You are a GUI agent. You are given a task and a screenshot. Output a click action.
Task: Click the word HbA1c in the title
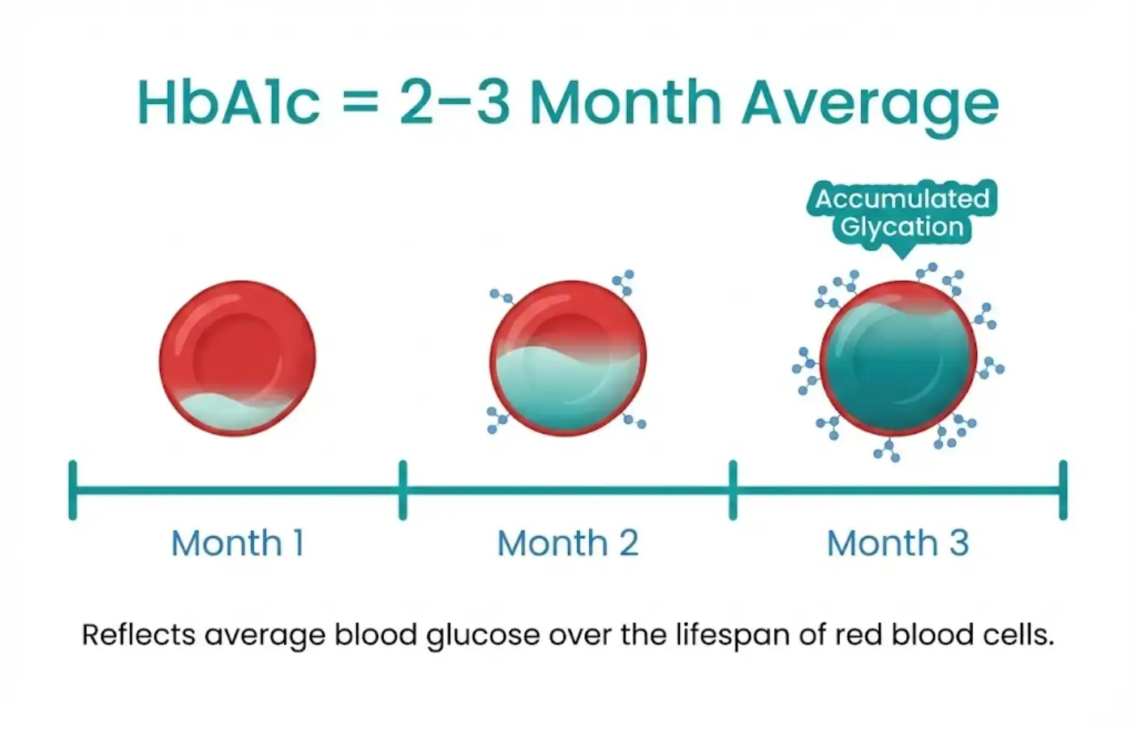coord(229,102)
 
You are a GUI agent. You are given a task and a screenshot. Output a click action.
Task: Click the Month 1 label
coord(237,543)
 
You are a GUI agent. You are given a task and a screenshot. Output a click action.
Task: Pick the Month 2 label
coord(567,543)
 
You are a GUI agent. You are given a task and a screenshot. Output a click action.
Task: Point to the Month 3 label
coord(897,543)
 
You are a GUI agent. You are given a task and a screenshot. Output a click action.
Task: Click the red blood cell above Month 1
coord(237,357)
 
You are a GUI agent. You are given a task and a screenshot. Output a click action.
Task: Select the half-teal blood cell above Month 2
coord(568,357)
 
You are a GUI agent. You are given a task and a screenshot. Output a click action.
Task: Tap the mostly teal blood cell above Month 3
coord(897,357)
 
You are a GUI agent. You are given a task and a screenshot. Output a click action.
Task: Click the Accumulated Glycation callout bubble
coord(901,212)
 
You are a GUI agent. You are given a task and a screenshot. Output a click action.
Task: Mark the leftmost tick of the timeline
coord(73,490)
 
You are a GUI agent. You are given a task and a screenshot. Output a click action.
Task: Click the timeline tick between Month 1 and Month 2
coord(402,490)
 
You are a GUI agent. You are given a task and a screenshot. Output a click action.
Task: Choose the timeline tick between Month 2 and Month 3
coord(733,490)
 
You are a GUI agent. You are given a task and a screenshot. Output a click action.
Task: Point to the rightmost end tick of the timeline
coord(1063,490)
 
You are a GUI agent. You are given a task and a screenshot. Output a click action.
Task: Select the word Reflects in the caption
coord(138,634)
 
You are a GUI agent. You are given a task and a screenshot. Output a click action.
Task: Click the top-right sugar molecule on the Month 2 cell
coord(623,283)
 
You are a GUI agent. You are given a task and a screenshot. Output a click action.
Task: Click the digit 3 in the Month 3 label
coord(959,543)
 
